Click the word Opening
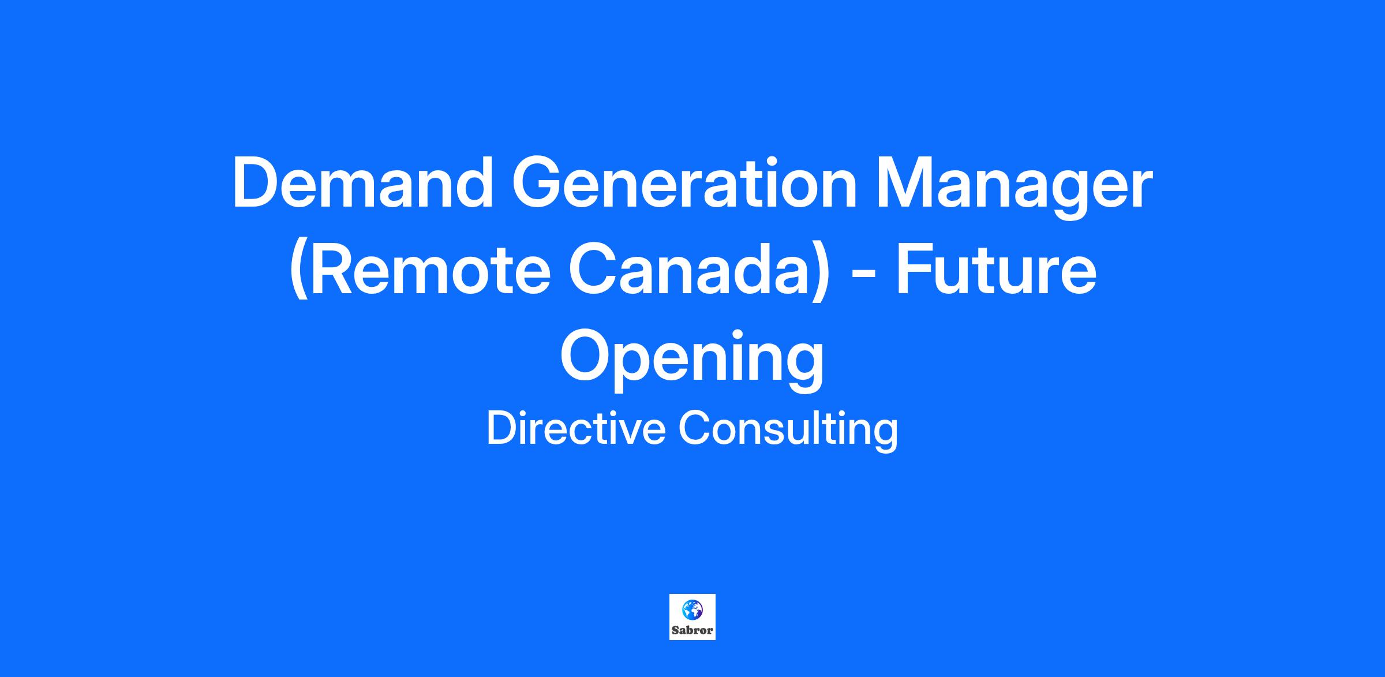click(692, 359)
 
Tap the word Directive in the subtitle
click(576, 428)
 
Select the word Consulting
click(788, 430)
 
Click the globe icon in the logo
click(692, 609)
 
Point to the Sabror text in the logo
click(692, 630)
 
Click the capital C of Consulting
click(695, 428)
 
